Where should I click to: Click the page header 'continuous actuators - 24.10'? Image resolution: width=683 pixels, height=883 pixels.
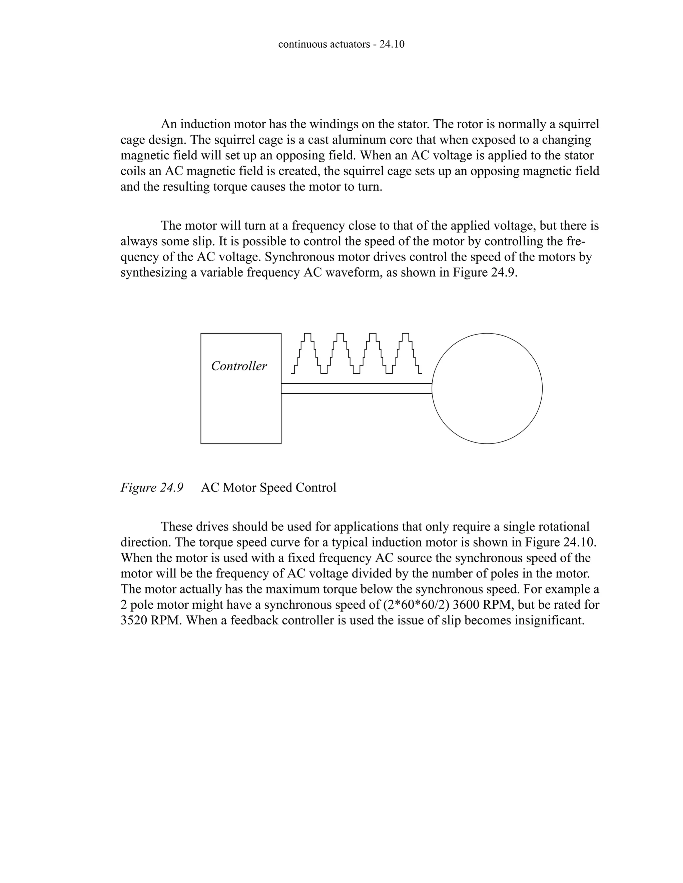coord(341,44)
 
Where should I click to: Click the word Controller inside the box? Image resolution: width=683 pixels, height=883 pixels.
coord(239,366)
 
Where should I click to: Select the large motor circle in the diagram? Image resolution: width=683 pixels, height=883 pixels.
coord(487,389)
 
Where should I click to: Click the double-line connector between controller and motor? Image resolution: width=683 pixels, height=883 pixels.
coord(356,389)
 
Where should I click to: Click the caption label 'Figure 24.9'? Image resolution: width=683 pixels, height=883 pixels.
coord(152,487)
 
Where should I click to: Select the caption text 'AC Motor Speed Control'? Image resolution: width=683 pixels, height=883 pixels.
coord(268,487)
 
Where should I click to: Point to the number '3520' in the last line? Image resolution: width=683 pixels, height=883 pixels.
coord(134,620)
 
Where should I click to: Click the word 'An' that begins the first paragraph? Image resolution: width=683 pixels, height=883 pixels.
coord(168,124)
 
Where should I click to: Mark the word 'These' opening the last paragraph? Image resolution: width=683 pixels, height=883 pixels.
coord(176,526)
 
